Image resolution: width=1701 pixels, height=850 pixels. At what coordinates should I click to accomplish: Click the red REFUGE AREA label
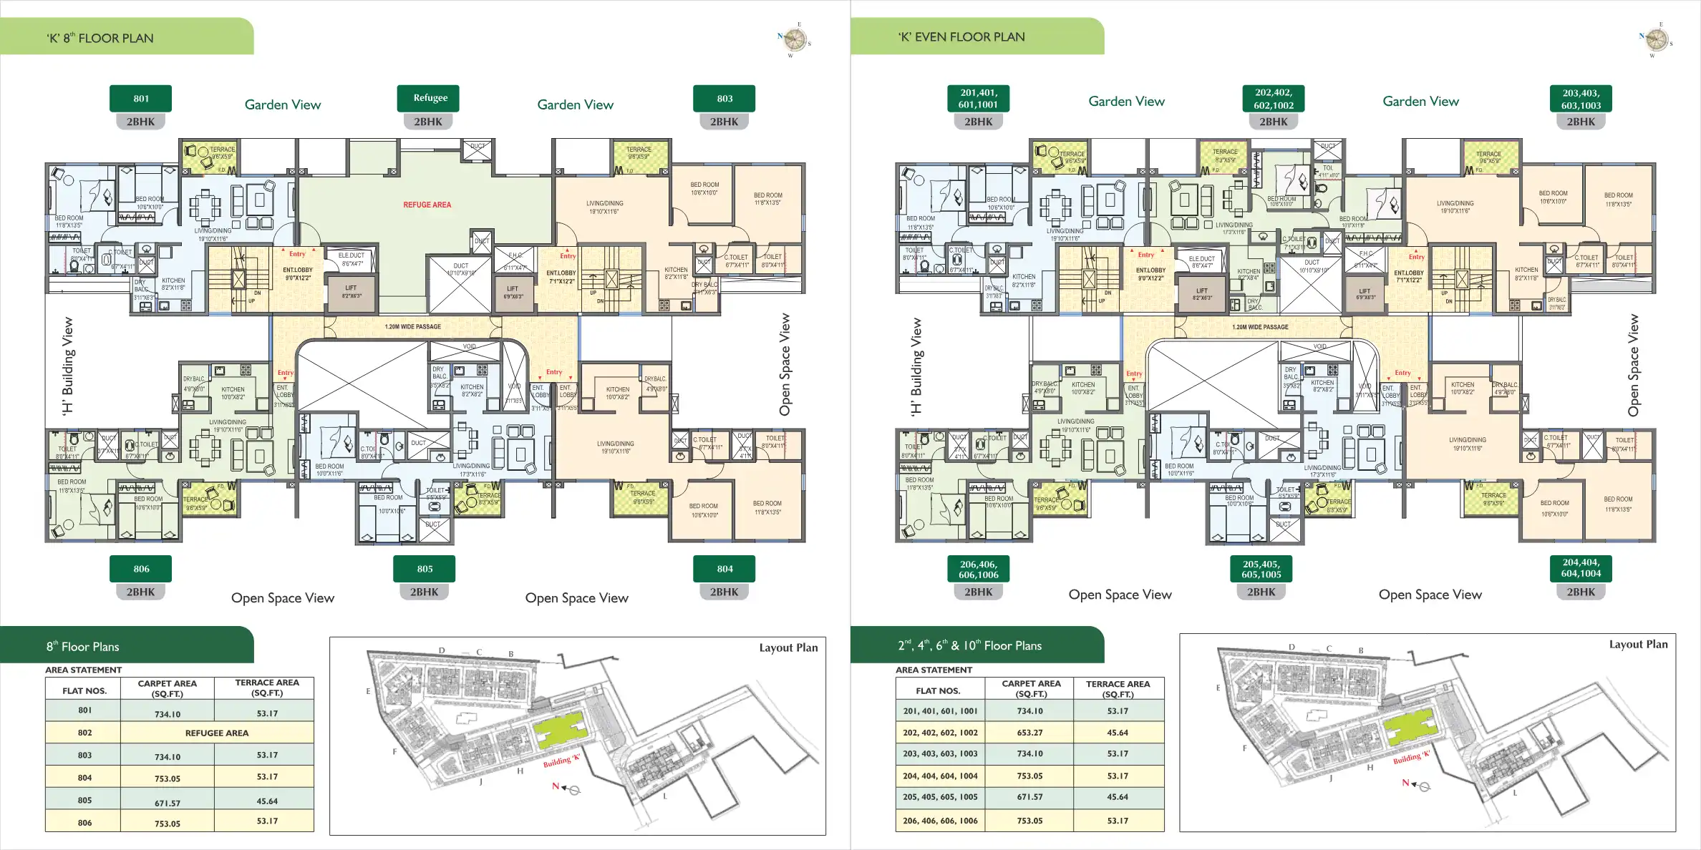coord(427,205)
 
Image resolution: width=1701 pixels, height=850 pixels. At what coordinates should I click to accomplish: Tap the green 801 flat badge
coord(141,99)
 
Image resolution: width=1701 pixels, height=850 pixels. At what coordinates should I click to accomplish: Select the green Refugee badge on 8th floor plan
coord(430,98)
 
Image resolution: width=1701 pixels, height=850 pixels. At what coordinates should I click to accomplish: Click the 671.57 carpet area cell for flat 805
coord(168,803)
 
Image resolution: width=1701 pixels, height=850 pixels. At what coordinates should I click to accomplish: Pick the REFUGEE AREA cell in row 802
coord(217,733)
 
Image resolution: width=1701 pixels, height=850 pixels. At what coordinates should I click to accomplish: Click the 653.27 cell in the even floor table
coord(1029,733)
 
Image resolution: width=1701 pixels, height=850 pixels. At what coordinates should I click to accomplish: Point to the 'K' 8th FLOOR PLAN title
coord(100,38)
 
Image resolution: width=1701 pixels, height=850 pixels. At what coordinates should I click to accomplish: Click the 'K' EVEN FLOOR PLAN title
coord(961,36)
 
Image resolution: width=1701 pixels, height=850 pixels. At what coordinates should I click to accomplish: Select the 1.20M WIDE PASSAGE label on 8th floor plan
coord(412,326)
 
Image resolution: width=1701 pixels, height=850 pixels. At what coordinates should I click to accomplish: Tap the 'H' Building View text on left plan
coord(67,366)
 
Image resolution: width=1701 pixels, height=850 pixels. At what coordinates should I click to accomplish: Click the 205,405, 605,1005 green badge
coord(1261,569)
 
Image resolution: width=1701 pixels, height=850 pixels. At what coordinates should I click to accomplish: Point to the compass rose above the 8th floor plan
coord(794,39)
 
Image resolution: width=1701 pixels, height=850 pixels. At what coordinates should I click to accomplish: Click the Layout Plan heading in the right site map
coord(1638,644)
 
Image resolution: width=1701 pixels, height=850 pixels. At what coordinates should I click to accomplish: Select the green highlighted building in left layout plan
coord(559,730)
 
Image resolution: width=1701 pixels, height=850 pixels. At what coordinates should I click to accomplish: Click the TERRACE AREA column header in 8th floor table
coord(267,688)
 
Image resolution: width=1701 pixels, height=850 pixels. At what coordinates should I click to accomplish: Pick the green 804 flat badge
coord(724,569)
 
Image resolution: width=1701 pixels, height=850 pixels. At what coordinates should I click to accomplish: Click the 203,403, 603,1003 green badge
coord(1581,99)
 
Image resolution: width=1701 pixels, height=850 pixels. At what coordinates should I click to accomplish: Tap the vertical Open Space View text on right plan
coord(1633,365)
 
